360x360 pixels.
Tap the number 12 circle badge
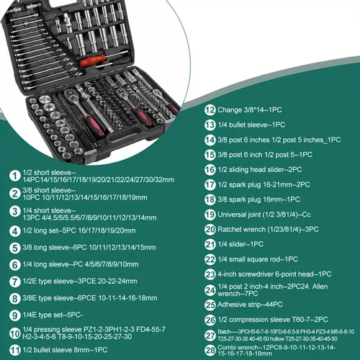(x=211, y=110)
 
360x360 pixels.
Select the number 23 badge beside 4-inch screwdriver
(x=211, y=274)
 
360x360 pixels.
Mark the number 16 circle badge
(x=211, y=169)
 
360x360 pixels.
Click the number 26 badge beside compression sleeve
(x=211, y=319)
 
